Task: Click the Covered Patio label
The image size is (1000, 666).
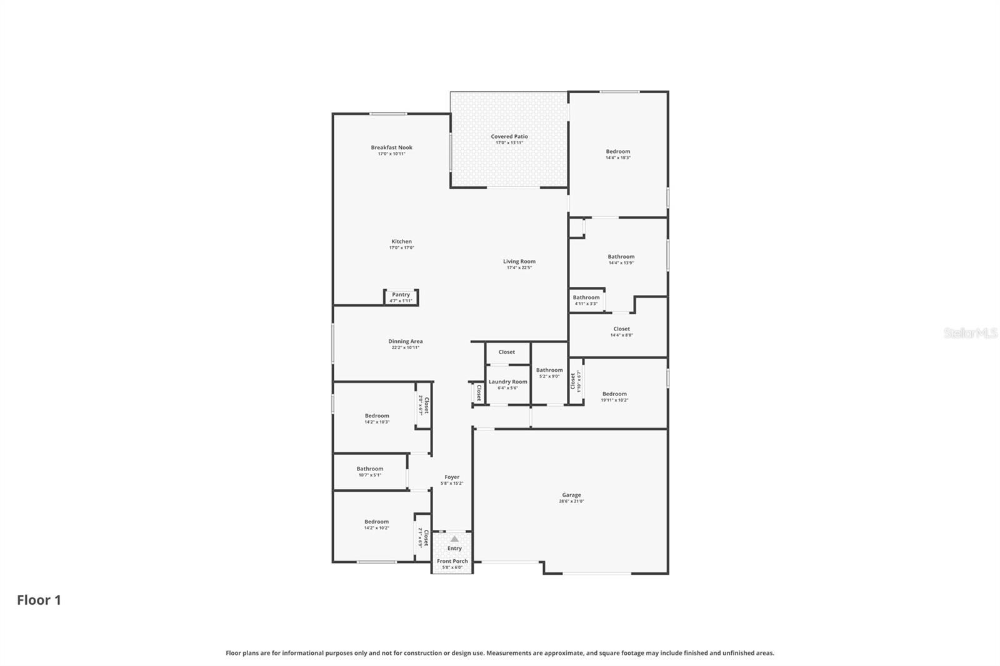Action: [509, 136]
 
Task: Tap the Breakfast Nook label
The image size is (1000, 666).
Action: [391, 147]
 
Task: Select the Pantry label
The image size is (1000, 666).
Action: [401, 294]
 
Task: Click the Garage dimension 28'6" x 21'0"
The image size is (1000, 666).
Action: [571, 501]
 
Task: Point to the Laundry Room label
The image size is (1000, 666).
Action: [507, 382]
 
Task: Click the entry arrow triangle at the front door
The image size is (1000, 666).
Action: [454, 539]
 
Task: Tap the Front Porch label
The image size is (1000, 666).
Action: [452, 561]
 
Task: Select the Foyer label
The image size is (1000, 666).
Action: [451, 477]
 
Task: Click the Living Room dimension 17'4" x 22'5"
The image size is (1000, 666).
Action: [519, 267]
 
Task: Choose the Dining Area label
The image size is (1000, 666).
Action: [405, 341]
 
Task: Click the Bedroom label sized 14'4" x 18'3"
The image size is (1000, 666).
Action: [617, 151]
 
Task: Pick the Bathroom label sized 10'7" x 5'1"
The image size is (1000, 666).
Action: [369, 469]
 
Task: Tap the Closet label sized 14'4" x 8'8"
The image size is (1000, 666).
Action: [621, 329]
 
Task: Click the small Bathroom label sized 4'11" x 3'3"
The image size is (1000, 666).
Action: [586, 297]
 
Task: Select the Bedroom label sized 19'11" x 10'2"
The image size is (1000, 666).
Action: [614, 394]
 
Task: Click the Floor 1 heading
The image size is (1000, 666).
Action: [39, 600]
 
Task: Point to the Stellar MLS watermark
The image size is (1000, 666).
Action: [970, 333]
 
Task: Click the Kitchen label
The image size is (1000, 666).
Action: [401, 241]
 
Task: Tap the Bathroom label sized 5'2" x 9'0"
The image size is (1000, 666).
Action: [549, 370]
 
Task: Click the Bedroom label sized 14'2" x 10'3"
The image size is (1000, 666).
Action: [377, 415]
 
